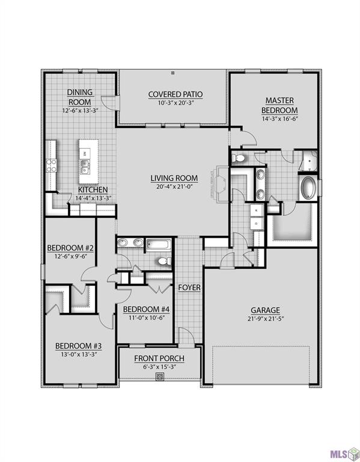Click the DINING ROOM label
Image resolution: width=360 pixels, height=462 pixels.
point(79,97)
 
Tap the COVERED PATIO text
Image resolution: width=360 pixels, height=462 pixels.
point(175,94)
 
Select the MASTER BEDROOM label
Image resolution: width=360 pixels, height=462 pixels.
point(279,105)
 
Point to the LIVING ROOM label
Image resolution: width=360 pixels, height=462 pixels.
point(174,178)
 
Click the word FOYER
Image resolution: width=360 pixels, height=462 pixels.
point(189,288)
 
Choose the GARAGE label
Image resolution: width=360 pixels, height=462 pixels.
point(265,310)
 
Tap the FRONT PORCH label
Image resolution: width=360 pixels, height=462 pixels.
point(159,359)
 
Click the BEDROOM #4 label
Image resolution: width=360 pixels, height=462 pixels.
point(147,309)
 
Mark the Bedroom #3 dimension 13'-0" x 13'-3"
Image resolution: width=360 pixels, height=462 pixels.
point(78,354)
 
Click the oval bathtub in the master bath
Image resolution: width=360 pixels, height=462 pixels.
point(308,187)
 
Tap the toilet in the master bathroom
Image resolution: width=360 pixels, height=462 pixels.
point(239,158)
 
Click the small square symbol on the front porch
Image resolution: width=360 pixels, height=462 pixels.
point(160,377)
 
